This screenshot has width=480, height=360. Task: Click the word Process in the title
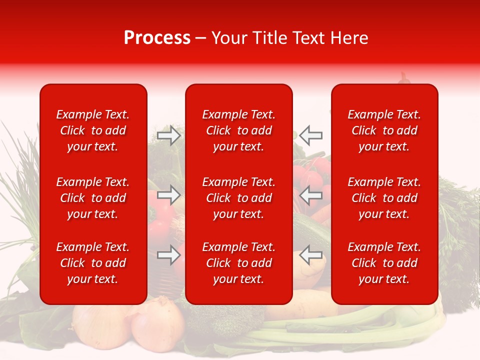tap(157, 38)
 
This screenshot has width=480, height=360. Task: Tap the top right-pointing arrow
tap(168, 135)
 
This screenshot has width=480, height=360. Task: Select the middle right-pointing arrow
tap(168, 195)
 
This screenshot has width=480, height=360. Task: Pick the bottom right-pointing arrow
tap(168, 255)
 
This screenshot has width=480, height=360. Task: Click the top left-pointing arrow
tap(311, 135)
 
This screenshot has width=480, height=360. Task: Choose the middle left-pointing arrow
tap(311, 195)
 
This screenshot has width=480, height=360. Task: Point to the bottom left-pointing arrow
tap(311, 255)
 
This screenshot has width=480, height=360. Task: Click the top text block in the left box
tap(93, 130)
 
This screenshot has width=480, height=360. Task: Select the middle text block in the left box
tap(93, 198)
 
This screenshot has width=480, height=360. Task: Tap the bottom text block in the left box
tap(93, 263)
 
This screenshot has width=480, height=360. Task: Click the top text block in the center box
tap(239, 130)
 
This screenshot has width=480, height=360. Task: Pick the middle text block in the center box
tap(239, 198)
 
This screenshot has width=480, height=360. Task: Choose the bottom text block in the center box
tap(239, 263)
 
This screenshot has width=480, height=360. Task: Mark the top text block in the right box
tap(384, 130)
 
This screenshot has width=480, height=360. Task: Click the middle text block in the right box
tap(384, 198)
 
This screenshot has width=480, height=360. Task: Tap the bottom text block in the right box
tap(384, 263)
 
